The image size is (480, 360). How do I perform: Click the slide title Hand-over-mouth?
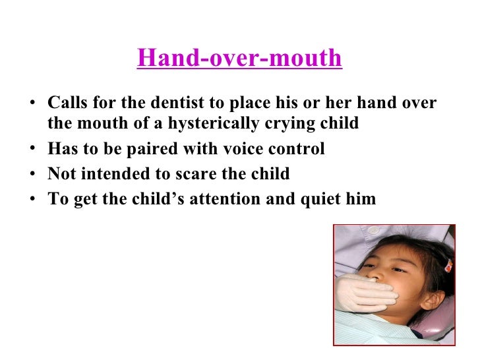pyautogui.click(x=239, y=59)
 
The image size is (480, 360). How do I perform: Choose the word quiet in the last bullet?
pyautogui.click(x=313, y=199)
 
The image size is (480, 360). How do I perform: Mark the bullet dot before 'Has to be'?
pyautogui.click(x=32, y=150)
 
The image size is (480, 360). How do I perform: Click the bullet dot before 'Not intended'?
pyautogui.click(x=32, y=175)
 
